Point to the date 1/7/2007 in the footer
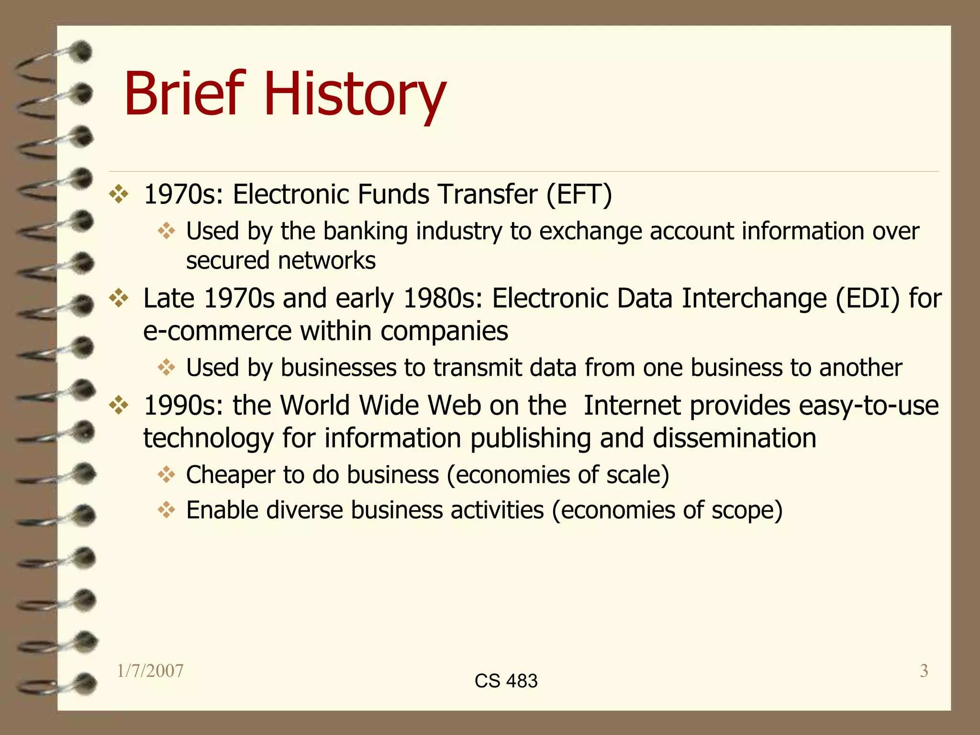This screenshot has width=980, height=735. pos(150,671)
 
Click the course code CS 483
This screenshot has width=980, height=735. pos(506,680)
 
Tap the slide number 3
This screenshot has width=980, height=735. pos(924,671)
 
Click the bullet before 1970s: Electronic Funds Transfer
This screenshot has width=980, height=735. pos(119,194)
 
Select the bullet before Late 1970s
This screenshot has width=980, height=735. pos(119,299)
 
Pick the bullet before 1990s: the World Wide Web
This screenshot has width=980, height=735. pos(119,406)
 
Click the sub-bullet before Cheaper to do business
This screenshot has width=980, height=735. pos(167,475)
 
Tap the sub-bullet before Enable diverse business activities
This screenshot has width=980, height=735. pos(167,510)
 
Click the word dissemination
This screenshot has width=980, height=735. pos(735,438)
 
